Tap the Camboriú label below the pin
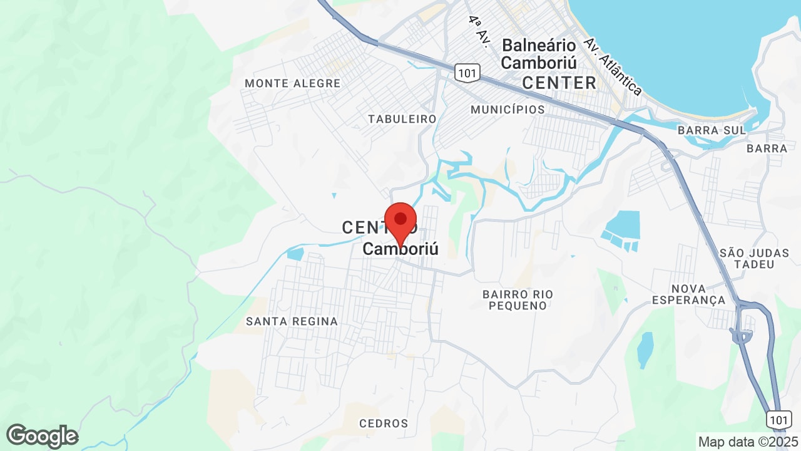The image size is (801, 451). coord(400,249)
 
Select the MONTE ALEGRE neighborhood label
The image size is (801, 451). coord(292,83)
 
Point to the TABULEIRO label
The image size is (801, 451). coord(402,119)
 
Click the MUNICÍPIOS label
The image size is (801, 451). coord(508,110)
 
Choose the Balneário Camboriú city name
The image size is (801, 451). coord(538,54)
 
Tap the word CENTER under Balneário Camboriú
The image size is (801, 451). coord(559,83)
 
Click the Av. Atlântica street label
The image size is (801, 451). coord(613,66)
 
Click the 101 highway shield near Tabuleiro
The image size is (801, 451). coord(467,74)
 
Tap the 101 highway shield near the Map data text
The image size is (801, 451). coord(779,418)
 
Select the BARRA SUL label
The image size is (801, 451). coord(712,131)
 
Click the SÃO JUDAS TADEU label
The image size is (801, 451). coord(747,258)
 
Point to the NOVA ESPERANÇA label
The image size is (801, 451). coord(688,294)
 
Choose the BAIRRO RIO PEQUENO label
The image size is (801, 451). coord(518,299)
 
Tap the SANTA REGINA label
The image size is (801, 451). coord(292,321)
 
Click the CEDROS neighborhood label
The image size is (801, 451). coord(384,423)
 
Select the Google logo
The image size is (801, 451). coord(42,437)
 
